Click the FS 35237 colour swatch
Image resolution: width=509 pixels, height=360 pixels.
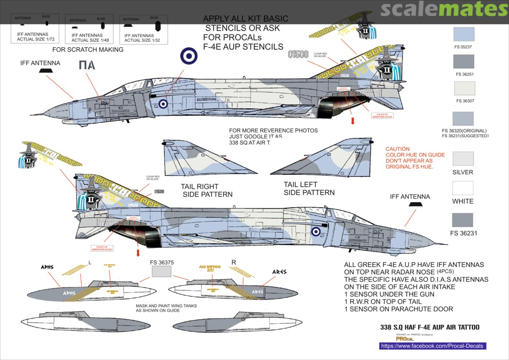click(463, 34)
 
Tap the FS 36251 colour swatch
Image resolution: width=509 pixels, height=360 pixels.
click(463, 62)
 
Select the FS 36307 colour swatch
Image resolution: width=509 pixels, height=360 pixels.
click(464, 89)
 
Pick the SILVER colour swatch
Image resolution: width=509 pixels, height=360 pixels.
click(463, 159)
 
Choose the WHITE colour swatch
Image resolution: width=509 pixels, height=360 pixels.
click(463, 188)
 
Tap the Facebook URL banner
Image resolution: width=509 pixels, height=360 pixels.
click(432, 346)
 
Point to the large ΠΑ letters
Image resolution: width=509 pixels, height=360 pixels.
click(86, 65)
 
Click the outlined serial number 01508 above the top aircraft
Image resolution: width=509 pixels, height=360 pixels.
click(299, 54)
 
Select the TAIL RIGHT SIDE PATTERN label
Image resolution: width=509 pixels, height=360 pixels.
click(206, 190)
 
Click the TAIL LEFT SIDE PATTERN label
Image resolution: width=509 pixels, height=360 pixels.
click(309, 188)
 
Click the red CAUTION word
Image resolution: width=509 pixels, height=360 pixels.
click(398, 149)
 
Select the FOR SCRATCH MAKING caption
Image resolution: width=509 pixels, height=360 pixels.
click(88, 49)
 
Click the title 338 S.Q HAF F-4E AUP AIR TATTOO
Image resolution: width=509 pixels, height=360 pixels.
click(429, 327)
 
